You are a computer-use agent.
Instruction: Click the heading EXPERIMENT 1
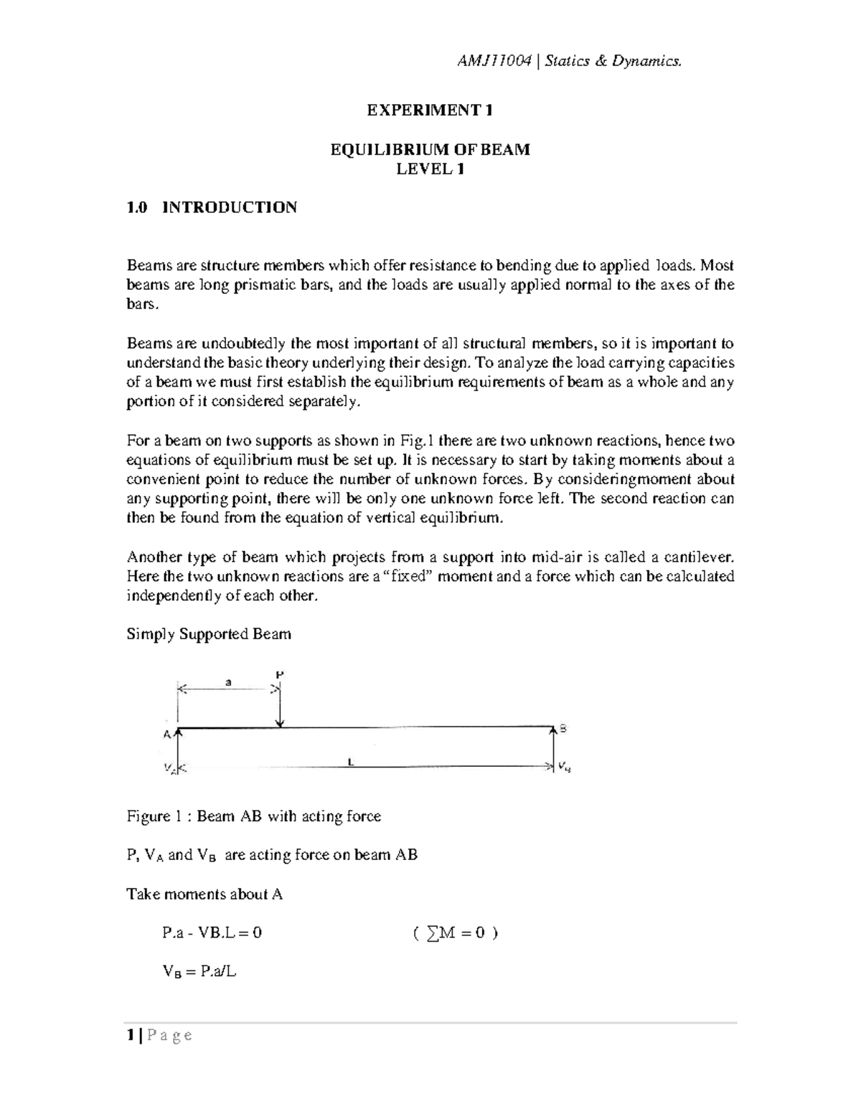pyautogui.click(x=430, y=110)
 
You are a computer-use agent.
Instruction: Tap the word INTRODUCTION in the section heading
pyautogui.click(x=230, y=208)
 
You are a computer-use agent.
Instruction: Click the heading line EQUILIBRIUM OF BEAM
pyautogui.click(x=430, y=150)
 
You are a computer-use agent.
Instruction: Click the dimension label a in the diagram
pyautogui.click(x=228, y=683)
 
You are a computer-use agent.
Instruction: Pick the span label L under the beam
pyautogui.click(x=351, y=763)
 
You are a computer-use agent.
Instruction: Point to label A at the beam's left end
pyautogui.click(x=166, y=734)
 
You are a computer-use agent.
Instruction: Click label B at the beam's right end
pyautogui.click(x=563, y=728)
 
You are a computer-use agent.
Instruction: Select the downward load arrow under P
pyautogui.click(x=281, y=707)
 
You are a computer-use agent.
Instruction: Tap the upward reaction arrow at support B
pyautogui.click(x=553, y=746)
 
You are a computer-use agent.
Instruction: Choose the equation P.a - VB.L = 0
pyautogui.click(x=212, y=933)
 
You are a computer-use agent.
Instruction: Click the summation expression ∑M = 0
pyautogui.click(x=456, y=933)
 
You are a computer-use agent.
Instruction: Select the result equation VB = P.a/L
pyautogui.click(x=199, y=973)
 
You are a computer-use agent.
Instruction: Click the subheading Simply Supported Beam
pyautogui.click(x=209, y=634)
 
